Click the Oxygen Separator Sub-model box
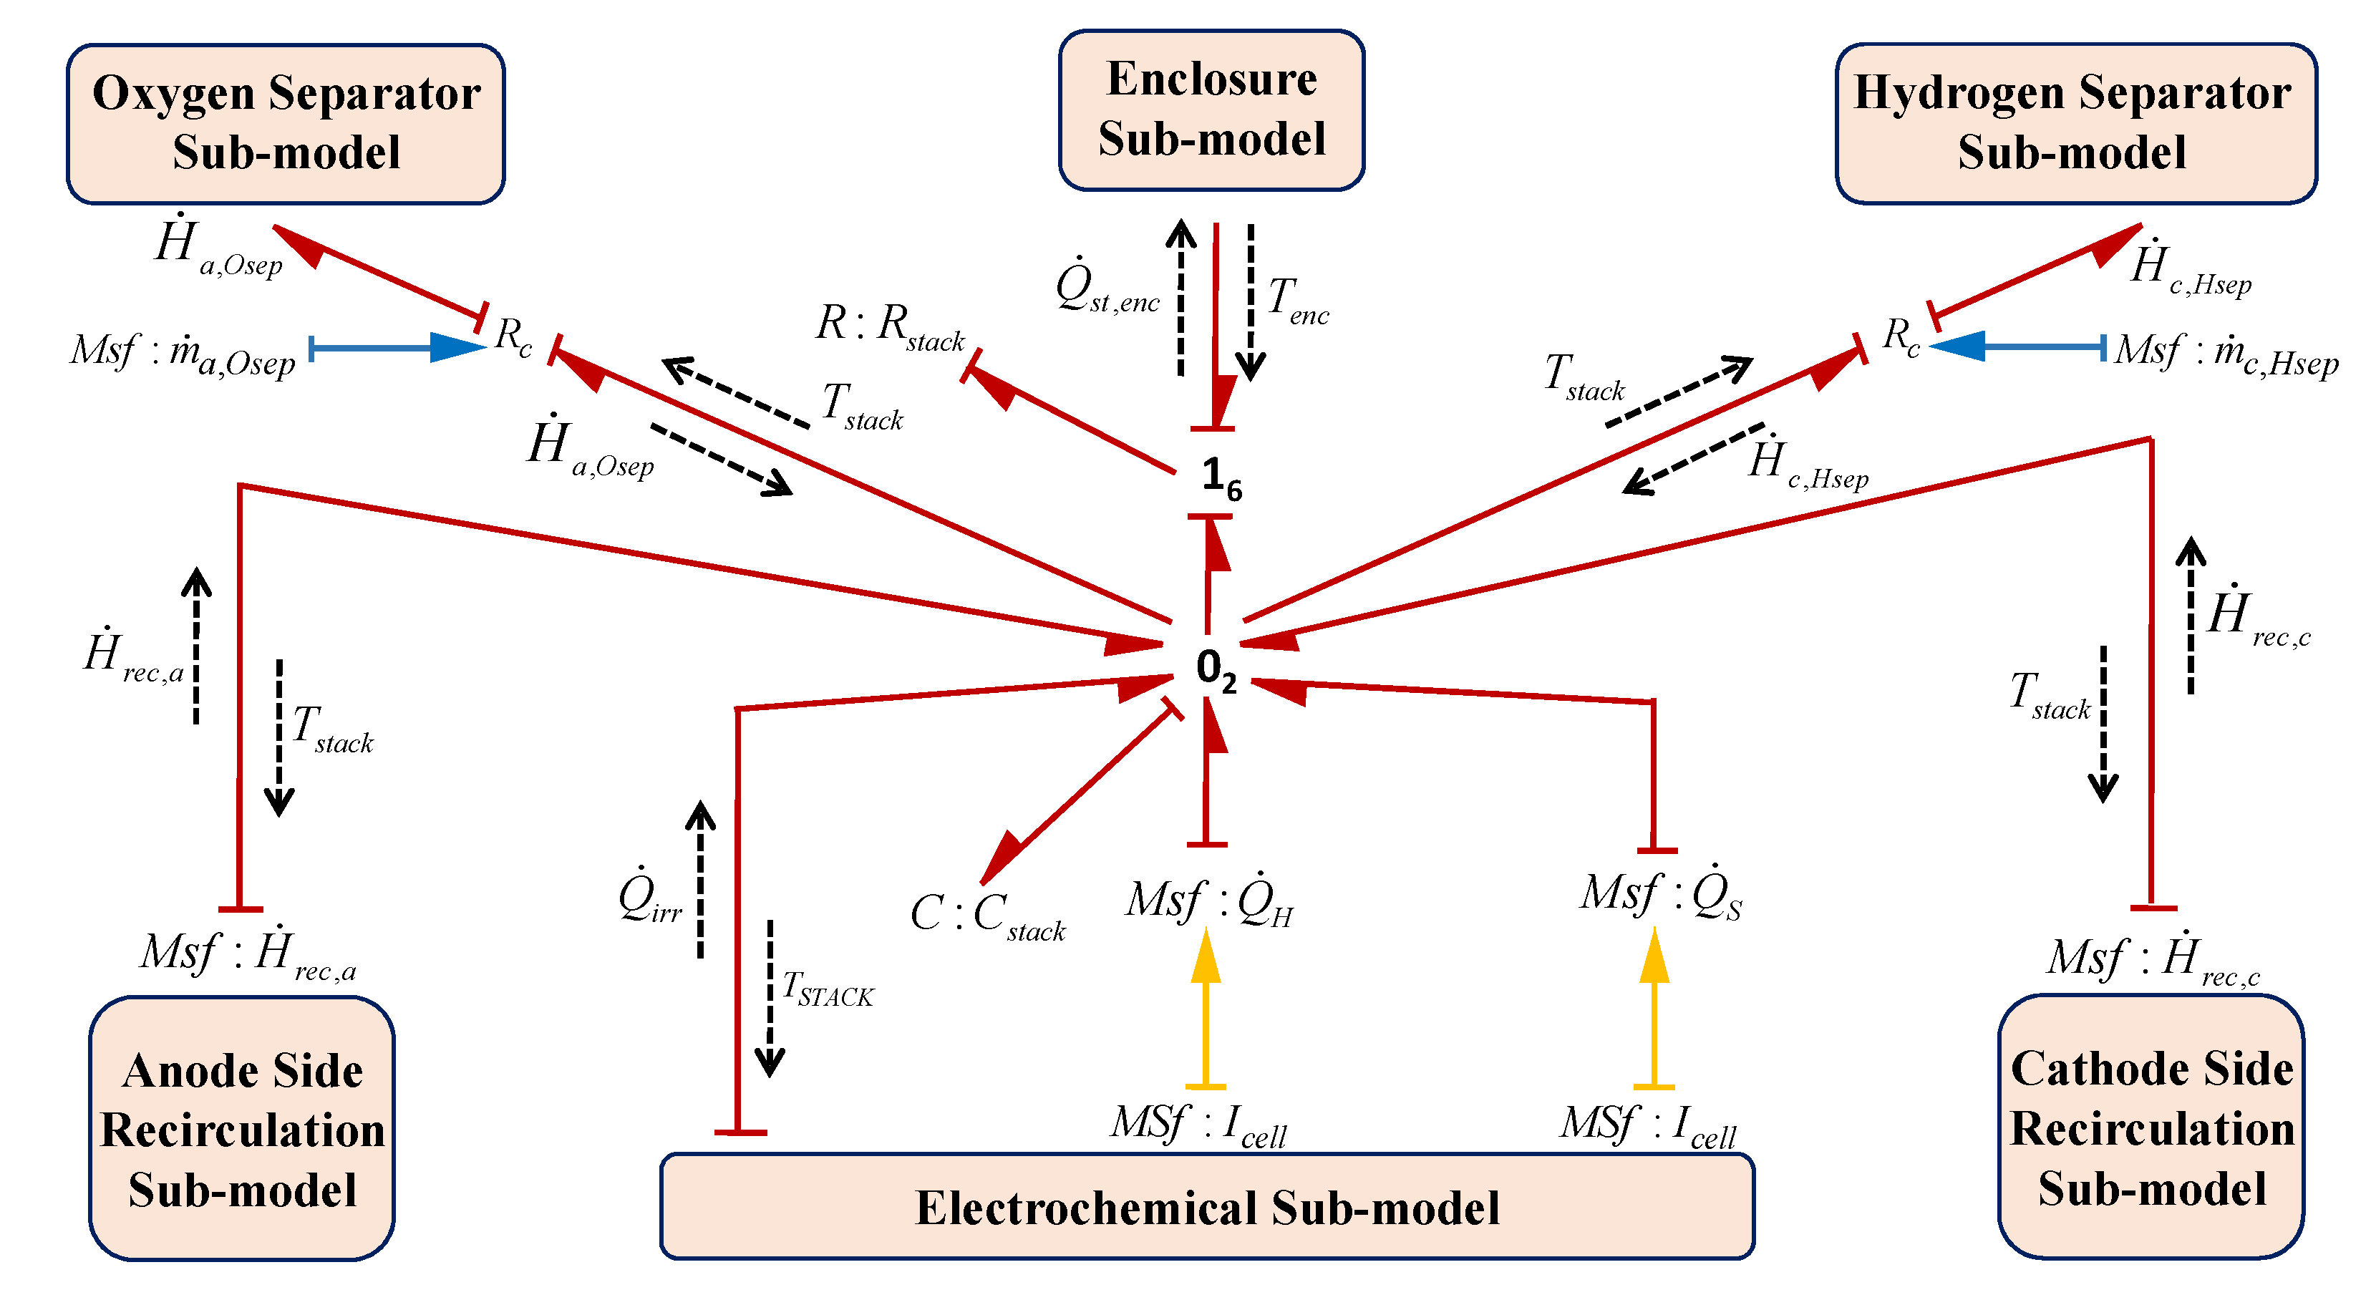(x=286, y=123)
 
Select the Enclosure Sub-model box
(x=1211, y=110)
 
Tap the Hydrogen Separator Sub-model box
(x=2075, y=123)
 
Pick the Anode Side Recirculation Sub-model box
(x=242, y=1129)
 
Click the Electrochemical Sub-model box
(x=1207, y=1207)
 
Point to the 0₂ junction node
(x=1214, y=667)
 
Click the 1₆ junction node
(x=1221, y=477)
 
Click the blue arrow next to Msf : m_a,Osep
(x=396, y=348)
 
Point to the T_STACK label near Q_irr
(x=827, y=990)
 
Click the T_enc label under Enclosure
(x=1298, y=300)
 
